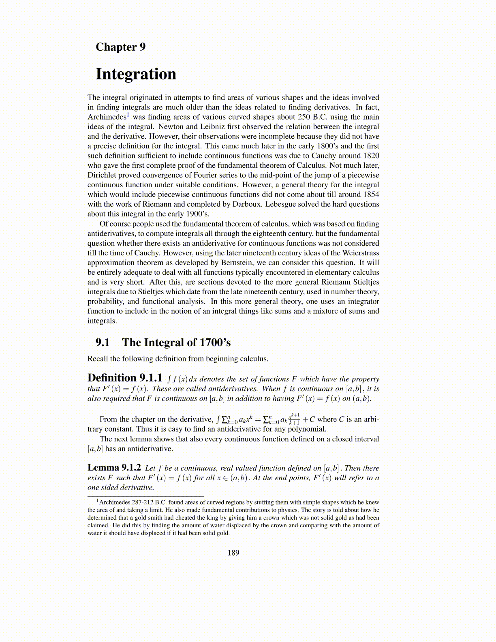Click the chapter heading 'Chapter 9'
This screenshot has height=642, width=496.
tap(120, 47)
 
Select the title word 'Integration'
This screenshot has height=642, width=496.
tap(136, 74)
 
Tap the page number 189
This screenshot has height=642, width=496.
tap(233, 553)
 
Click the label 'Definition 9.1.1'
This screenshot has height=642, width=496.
tap(125, 378)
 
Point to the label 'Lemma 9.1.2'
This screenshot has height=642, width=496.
tap(114, 468)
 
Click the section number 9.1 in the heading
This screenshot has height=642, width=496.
tap(103, 343)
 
